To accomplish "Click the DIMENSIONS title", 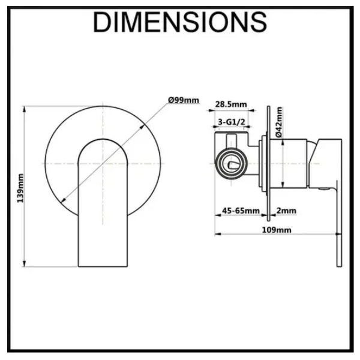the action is click(180, 22).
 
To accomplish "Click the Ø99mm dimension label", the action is click(184, 100).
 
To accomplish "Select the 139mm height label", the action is click(20, 188).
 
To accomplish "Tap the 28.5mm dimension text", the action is click(231, 104).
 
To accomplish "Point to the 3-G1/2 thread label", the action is click(232, 122).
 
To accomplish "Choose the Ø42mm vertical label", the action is click(279, 122).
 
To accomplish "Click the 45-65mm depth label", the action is click(241, 211).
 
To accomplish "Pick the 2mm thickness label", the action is click(286, 211).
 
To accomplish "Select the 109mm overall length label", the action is click(277, 230).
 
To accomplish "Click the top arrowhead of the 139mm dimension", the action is click(25, 109).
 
